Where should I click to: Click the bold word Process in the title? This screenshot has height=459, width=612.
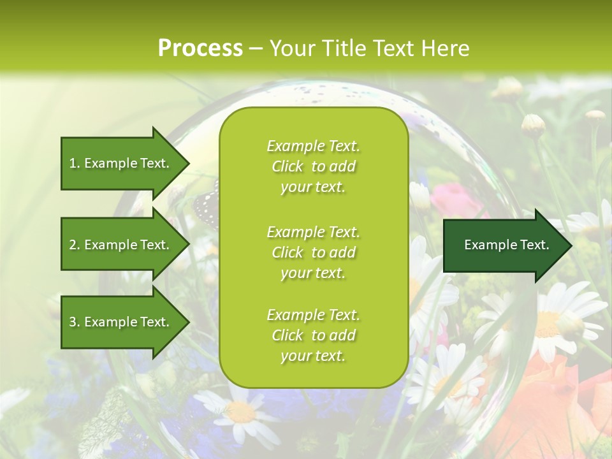(200, 48)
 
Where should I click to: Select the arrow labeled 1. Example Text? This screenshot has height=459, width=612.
(121, 163)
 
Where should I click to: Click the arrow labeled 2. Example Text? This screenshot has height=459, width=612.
(121, 245)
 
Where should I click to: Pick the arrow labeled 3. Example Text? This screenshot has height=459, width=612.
(121, 322)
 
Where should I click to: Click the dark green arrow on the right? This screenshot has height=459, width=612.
(504, 245)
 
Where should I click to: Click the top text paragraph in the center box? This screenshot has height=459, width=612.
(313, 166)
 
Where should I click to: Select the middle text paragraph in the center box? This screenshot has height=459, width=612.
(313, 252)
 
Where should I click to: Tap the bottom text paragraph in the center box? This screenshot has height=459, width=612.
(313, 335)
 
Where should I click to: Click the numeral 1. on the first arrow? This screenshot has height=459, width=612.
(75, 163)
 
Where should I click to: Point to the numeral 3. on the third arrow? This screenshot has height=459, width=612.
(75, 322)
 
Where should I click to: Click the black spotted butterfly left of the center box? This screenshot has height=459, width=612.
(206, 203)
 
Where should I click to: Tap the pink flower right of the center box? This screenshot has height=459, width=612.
(454, 199)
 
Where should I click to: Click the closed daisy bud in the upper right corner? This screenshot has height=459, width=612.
(533, 125)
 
